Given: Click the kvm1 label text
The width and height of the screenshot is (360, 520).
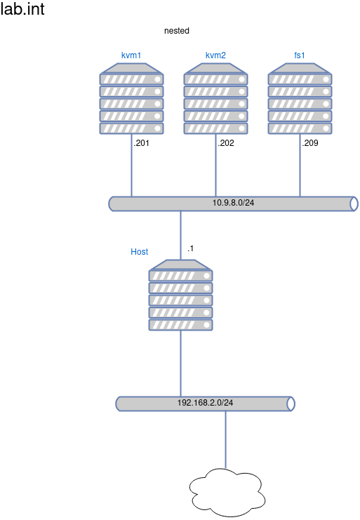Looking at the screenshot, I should (131, 55).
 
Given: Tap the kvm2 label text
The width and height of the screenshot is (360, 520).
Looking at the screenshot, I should (215, 55).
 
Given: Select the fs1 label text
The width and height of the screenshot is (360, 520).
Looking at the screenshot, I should (300, 55).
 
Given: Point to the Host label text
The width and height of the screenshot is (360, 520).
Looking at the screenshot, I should (140, 251).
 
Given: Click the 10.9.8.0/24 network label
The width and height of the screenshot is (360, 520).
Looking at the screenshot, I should (233, 204).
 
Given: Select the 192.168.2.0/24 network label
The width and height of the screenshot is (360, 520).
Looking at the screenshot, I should (205, 404).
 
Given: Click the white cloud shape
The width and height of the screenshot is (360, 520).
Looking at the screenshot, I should (227, 492).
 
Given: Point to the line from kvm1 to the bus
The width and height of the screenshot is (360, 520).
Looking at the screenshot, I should (131, 166).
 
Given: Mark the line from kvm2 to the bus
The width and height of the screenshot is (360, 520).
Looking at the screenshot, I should (215, 166).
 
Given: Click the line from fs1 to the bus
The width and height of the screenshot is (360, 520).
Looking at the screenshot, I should (300, 166).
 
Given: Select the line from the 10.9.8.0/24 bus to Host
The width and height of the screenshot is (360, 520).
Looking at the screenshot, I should (180, 235).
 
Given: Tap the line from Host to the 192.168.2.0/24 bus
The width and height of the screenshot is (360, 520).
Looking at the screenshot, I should (180, 364).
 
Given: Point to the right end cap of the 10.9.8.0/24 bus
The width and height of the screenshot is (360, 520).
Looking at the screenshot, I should (354, 204).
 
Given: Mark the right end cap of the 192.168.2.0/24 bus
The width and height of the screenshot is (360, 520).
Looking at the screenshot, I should (291, 404).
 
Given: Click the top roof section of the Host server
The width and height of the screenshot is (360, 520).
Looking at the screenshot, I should (180, 265).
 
